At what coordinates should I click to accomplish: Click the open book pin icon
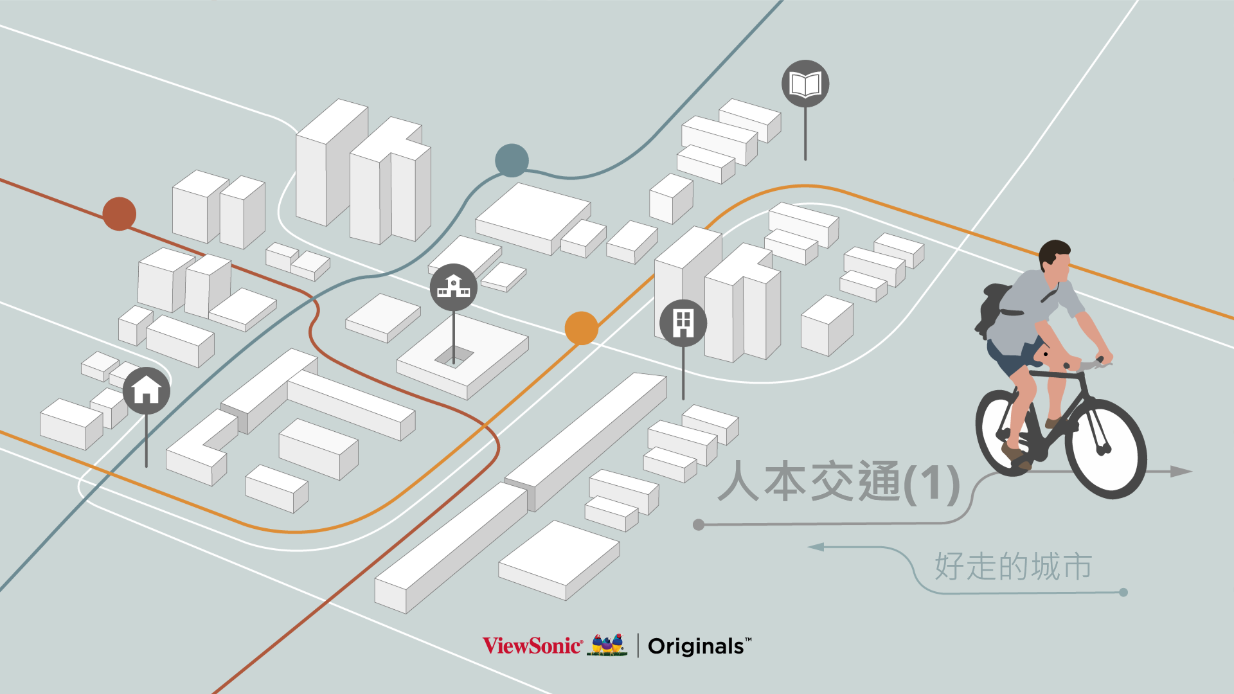[x=805, y=84]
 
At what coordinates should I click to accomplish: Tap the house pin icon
[x=147, y=390]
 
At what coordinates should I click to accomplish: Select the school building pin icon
[x=454, y=287]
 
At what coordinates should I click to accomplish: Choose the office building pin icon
[x=683, y=323]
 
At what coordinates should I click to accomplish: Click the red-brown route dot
[x=120, y=214]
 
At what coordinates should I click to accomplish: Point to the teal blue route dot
[x=512, y=161]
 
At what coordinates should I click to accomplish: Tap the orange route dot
[x=581, y=328]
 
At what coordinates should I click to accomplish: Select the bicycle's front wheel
[x=1105, y=449]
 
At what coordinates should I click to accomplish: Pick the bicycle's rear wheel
[x=1006, y=432]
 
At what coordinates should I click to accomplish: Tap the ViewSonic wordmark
[x=532, y=645]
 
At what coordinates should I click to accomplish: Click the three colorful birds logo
[x=608, y=645]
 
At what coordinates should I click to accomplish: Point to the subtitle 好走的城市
[x=1013, y=567]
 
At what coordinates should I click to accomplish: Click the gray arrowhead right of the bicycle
[x=1181, y=472]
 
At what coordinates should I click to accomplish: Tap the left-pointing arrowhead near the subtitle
[x=816, y=547]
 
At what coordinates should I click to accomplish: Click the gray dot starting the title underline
[x=699, y=525]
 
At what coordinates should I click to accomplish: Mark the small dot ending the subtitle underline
[x=1123, y=592]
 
